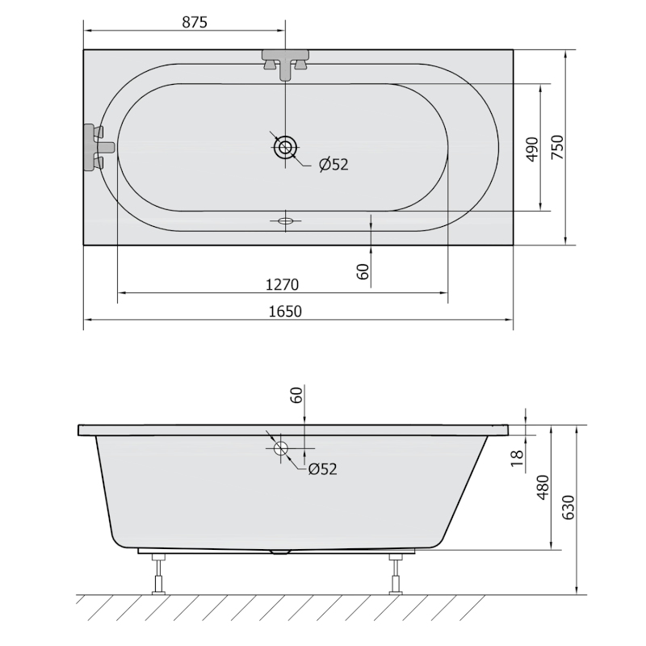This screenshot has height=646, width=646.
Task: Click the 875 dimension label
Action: [195, 23]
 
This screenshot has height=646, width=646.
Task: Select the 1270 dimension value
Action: [282, 284]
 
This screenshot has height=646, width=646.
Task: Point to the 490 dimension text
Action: [532, 149]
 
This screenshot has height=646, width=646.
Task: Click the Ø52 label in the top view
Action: [333, 165]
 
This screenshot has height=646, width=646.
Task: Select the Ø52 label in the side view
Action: [321, 468]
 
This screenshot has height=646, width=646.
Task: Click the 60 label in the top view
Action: [363, 271]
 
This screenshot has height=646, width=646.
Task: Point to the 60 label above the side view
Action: [296, 396]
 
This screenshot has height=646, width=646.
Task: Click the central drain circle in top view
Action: [286, 148]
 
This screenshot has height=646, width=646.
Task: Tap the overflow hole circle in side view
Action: [281, 449]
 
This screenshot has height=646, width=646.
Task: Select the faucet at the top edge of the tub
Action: [285, 63]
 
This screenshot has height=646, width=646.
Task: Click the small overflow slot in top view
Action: [286, 220]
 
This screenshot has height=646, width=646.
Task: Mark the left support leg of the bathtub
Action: [158, 575]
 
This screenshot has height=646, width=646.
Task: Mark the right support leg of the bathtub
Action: [396, 575]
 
